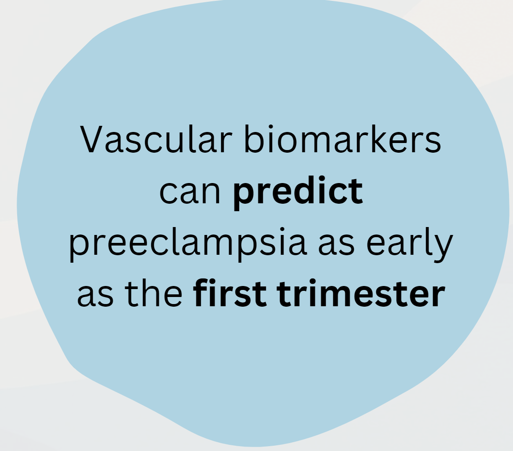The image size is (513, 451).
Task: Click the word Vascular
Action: [x=156, y=139]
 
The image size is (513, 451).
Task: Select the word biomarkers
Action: [x=342, y=139]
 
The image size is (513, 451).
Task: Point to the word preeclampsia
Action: [x=188, y=244]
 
